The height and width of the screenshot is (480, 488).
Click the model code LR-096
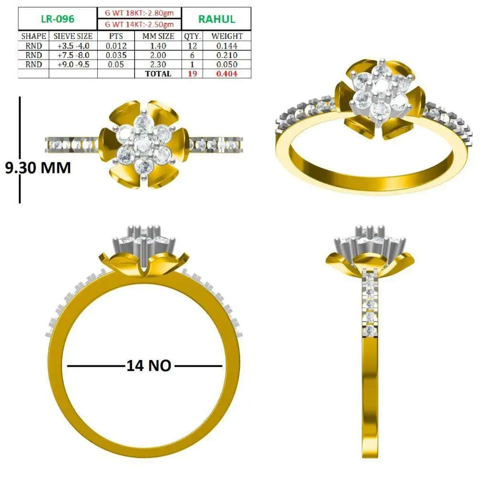[58, 19]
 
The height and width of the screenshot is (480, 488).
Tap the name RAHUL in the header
[217, 19]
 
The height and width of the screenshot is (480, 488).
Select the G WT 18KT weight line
[139, 13]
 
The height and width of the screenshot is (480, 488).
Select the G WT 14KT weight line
[139, 24]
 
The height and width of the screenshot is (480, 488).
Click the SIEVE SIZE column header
[73, 36]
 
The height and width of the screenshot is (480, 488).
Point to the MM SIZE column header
[158, 36]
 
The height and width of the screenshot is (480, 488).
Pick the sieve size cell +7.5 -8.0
[73, 55]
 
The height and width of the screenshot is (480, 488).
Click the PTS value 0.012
[116, 46]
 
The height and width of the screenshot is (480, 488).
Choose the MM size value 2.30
[158, 65]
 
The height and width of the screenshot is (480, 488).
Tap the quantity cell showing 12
[193, 46]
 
